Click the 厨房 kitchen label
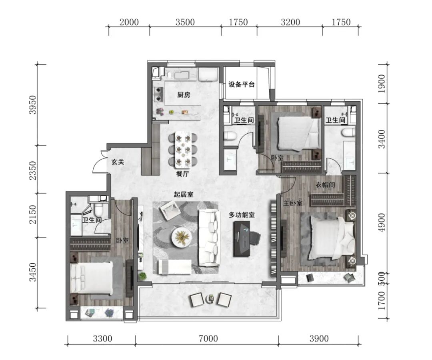click(184, 95)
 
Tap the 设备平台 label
click(242, 84)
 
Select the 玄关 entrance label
click(118, 162)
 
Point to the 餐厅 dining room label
click(182, 174)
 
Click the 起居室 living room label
click(184, 195)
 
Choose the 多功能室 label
click(242, 215)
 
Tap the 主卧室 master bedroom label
click(293, 203)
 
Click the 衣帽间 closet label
click(325, 185)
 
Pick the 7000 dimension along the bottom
click(208, 338)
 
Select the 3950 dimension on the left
click(33, 105)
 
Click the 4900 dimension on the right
click(382, 223)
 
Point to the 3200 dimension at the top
click(290, 22)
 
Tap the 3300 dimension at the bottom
click(102, 338)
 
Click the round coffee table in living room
click(182, 237)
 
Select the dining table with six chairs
click(183, 150)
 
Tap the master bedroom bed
click(332, 238)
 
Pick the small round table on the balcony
click(211, 298)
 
